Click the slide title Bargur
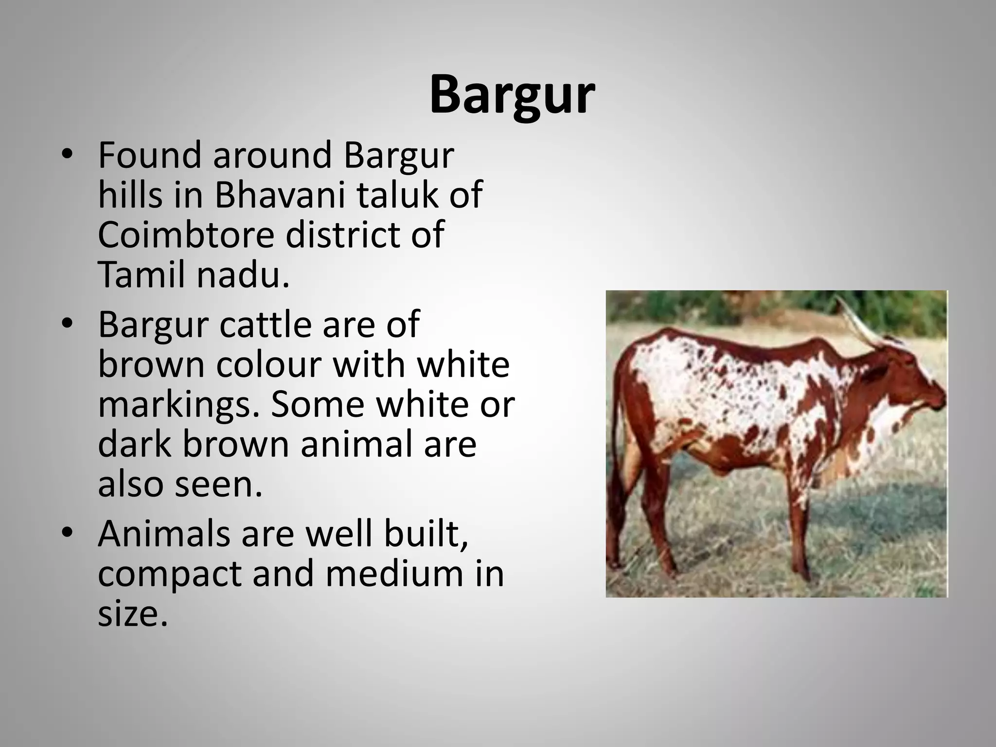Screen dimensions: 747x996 [512, 95]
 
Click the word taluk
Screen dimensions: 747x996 [397, 195]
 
